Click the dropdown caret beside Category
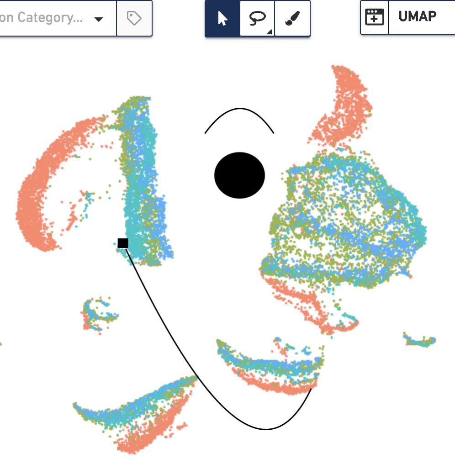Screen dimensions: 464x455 (99, 19)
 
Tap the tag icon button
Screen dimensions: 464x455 (134, 19)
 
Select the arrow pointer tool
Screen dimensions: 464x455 (222, 19)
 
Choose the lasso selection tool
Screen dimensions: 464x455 (257, 19)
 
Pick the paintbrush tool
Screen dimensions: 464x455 (292, 19)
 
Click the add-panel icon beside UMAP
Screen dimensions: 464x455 (375, 17)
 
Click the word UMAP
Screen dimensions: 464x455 (417, 17)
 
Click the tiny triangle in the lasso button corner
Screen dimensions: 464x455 (270, 32)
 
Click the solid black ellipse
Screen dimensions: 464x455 (239, 175)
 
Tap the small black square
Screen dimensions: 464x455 (123, 243)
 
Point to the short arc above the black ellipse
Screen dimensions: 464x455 (239, 110)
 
